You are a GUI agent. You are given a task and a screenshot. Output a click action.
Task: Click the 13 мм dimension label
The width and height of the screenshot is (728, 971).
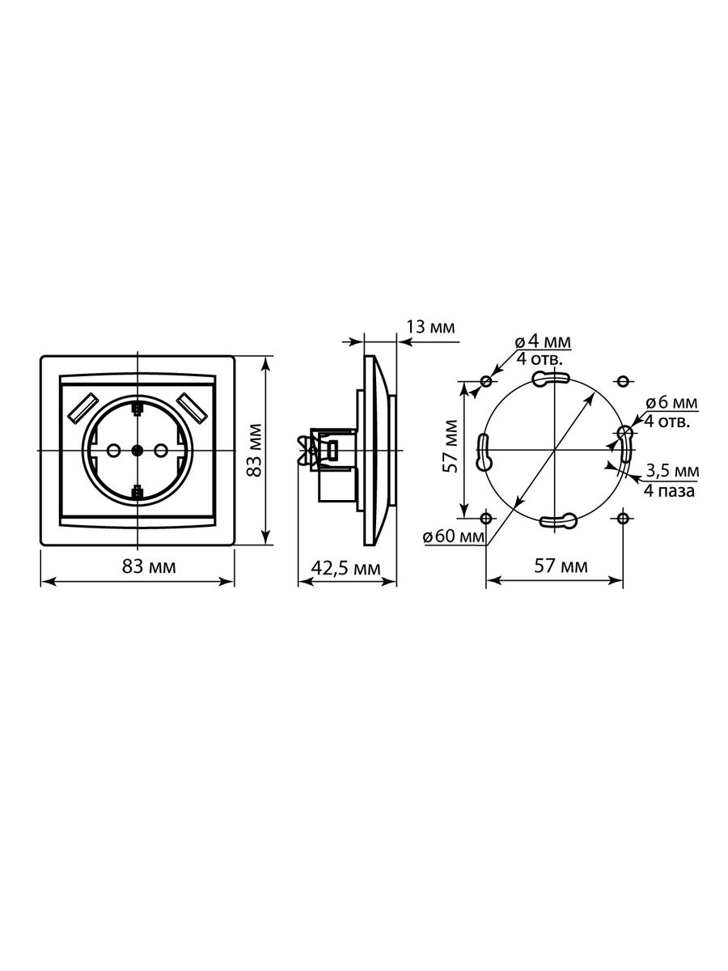[x=430, y=327]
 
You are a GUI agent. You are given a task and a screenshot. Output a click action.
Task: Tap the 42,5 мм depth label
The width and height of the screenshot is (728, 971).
[x=346, y=568]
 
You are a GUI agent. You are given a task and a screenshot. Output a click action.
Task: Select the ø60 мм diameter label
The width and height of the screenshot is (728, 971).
[x=454, y=537]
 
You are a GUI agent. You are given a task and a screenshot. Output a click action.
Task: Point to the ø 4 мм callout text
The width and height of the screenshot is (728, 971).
[x=543, y=342]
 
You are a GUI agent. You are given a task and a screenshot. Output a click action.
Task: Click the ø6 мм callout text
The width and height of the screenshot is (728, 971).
[x=671, y=403]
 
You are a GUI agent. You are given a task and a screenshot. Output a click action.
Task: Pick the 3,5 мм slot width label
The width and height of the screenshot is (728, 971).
[x=672, y=471]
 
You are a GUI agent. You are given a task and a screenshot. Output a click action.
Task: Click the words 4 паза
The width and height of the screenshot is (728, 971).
[x=669, y=490]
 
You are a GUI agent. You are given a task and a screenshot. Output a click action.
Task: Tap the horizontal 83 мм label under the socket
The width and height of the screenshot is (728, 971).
[x=149, y=566]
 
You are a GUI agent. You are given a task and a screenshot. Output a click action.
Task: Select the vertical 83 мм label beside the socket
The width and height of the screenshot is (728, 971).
[x=254, y=450]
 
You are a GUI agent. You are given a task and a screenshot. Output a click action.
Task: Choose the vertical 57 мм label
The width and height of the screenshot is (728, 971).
[x=451, y=446]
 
